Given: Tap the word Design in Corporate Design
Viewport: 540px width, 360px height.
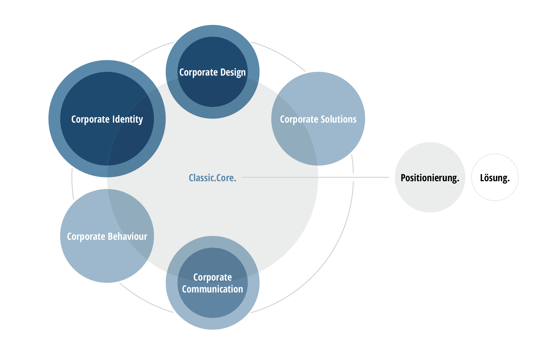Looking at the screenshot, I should [233, 72].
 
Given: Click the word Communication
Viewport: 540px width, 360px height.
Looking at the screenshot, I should [212, 289].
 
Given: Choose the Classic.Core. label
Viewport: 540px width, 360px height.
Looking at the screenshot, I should [212, 178].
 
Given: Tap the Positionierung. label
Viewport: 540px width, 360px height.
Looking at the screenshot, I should [430, 178].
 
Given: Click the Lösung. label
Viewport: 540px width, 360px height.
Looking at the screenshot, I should [495, 178].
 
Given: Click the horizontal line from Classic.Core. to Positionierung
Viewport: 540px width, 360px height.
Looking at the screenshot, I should [351, 177].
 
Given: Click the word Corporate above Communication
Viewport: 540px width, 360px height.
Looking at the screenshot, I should [212, 277].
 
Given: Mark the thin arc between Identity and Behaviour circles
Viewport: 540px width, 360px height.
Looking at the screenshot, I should [72, 184].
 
